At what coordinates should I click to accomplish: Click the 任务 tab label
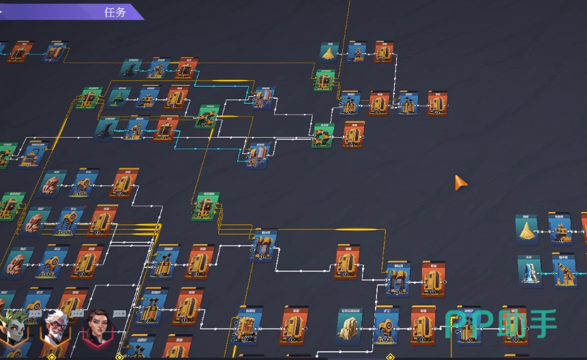click(115, 12)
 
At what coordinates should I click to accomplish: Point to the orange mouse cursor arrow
click(461, 183)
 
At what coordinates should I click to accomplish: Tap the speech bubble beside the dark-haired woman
click(120, 314)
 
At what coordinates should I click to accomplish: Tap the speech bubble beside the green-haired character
click(35, 313)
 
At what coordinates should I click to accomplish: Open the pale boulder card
click(349, 326)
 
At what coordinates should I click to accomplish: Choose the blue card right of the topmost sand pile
click(357, 52)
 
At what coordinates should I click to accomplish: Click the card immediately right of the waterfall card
click(565, 270)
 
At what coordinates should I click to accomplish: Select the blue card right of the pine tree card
click(148, 98)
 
